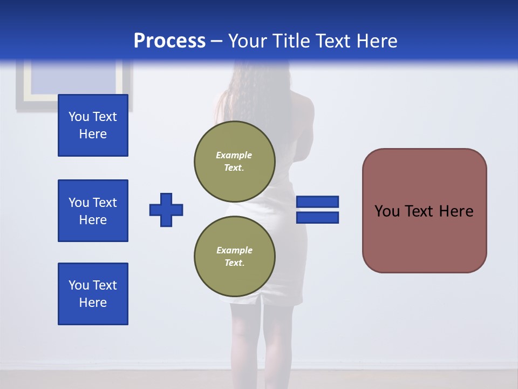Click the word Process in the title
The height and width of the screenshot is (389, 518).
169,41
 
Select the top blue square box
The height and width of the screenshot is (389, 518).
93,125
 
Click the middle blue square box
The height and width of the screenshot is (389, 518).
93,211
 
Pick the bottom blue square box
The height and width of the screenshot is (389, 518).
93,294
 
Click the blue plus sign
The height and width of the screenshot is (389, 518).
166,210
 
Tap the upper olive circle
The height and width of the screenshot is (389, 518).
235,161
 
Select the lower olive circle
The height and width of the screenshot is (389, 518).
235,256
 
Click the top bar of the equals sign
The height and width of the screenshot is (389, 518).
318,202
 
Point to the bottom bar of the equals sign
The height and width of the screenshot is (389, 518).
318,217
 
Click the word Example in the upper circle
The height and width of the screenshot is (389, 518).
234,155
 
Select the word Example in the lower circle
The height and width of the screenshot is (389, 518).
234,250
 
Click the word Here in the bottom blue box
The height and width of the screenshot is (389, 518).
93,303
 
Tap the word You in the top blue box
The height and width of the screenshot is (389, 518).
79,117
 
